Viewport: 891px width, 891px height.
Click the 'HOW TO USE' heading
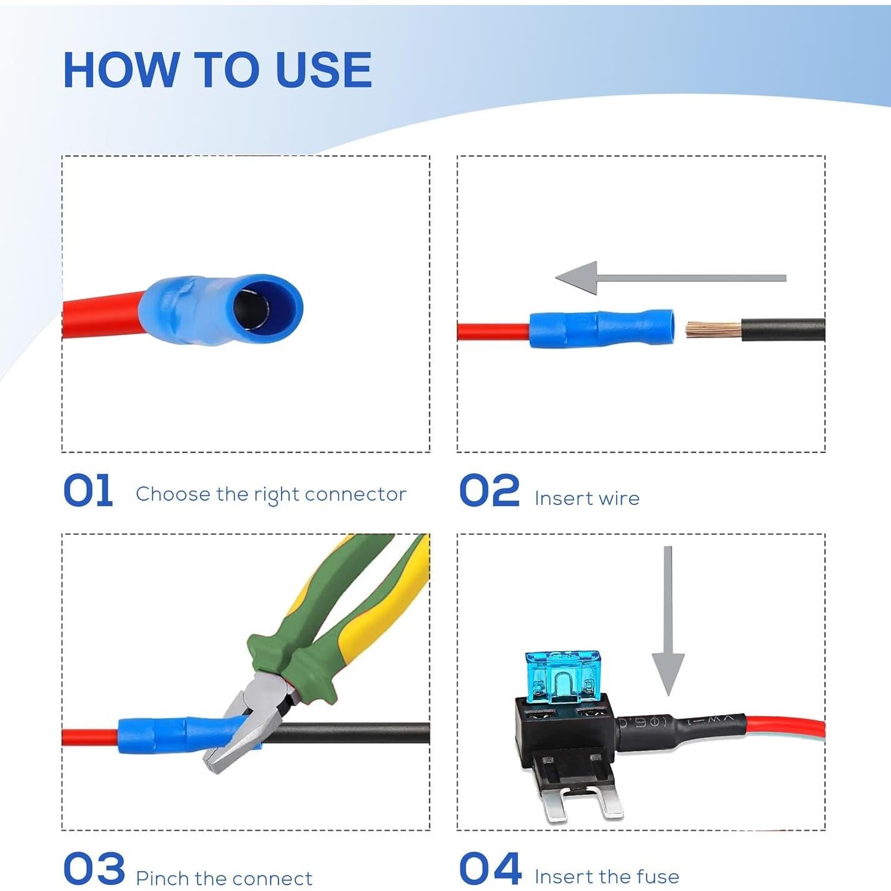pyautogui.click(x=217, y=69)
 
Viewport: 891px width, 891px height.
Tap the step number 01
pyautogui.click(x=88, y=490)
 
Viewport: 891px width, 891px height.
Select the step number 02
pyautogui.click(x=489, y=490)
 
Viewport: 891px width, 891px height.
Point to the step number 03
pyautogui.click(x=94, y=868)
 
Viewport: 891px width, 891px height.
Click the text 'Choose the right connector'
pyautogui.click(x=271, y=494)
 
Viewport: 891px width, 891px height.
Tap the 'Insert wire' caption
pyautogui.click(x=587, y=498)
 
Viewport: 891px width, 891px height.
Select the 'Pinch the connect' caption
pyautogui.click(x=224, y=878)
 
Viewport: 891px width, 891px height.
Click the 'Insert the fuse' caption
pyautogui.click(x=607, y=877)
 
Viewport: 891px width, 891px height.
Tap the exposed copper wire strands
pyautogui.click(x=713, y=329)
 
